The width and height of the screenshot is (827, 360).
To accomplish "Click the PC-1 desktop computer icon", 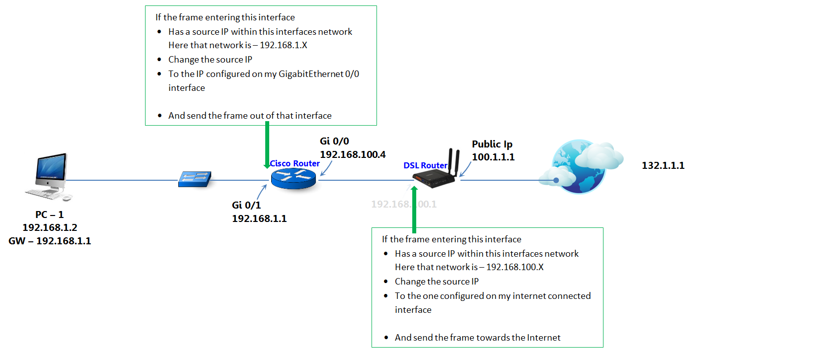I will tap(49, 176).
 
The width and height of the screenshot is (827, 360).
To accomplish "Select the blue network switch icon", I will tap(195, 179).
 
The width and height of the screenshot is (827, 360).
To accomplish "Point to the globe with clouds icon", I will tap(581, 167).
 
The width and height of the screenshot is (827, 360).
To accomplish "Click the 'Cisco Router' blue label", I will tap(295, 163).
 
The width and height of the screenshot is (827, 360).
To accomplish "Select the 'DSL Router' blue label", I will tap(425, 165).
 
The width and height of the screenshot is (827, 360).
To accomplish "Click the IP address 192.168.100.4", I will tap(353, 154).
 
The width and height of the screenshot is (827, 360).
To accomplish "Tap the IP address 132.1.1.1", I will tap(663, 165).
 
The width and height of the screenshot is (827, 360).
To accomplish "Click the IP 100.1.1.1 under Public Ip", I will tap(493, 157).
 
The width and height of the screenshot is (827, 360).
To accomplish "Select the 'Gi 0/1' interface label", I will tap(246, 205).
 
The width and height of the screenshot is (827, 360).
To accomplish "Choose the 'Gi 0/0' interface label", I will tap(334, 141).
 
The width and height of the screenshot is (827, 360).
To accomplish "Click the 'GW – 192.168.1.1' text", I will tap(50, 241).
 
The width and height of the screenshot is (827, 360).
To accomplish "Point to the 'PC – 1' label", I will tap(49, 215).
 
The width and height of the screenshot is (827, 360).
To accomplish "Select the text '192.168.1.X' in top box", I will tap(283, 45).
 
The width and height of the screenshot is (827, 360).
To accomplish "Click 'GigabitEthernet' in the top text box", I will tap(311, 74).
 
